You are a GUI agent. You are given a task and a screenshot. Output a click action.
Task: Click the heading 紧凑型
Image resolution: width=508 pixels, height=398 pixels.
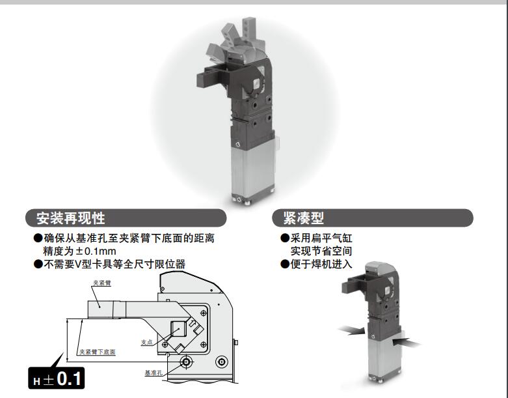[x=303, y=218]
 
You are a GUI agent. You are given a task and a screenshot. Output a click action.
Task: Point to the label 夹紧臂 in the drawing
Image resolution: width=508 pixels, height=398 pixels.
[x=100, y=283]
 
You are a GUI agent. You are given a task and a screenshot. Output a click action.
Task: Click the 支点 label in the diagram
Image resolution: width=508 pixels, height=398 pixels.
[x=147, y=341]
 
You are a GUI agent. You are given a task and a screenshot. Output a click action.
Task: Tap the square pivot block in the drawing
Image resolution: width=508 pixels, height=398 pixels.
[x=180, y=331]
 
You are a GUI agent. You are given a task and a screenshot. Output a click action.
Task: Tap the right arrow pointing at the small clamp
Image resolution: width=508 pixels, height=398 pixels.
[x=407, y=340]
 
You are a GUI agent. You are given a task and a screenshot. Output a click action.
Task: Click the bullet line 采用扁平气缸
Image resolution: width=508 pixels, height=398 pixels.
[x=321, y=238]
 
